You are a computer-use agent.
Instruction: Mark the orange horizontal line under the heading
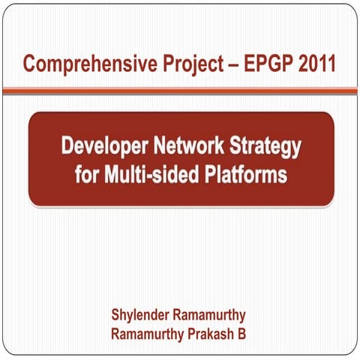point(180,90)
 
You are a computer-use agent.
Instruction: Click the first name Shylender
point(142,312)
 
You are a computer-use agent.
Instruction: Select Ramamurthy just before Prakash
point(146,331)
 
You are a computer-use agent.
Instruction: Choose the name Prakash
point(211,331)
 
